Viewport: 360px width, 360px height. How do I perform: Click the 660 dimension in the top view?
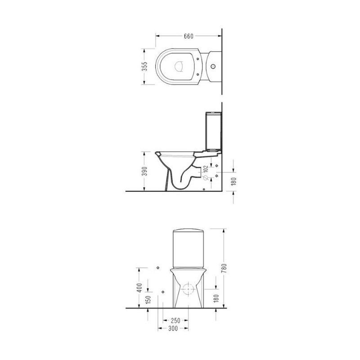[x=189, y=36]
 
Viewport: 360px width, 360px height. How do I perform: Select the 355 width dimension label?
[x=144, y=66]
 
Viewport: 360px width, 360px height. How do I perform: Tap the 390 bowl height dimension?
[x=144, y=171]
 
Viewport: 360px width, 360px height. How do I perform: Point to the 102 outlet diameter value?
[x=206, y=169]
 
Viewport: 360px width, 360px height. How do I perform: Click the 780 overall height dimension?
[x=224, y=268]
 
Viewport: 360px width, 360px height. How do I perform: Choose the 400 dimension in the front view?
[x=139, y=288]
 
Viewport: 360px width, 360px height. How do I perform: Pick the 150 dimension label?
[x=148, y=300]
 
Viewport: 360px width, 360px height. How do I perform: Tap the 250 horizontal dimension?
[x=175, y=320]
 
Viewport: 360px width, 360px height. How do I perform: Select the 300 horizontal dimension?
[x=173, y=328]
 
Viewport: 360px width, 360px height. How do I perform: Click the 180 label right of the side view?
[x=234, y=181]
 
